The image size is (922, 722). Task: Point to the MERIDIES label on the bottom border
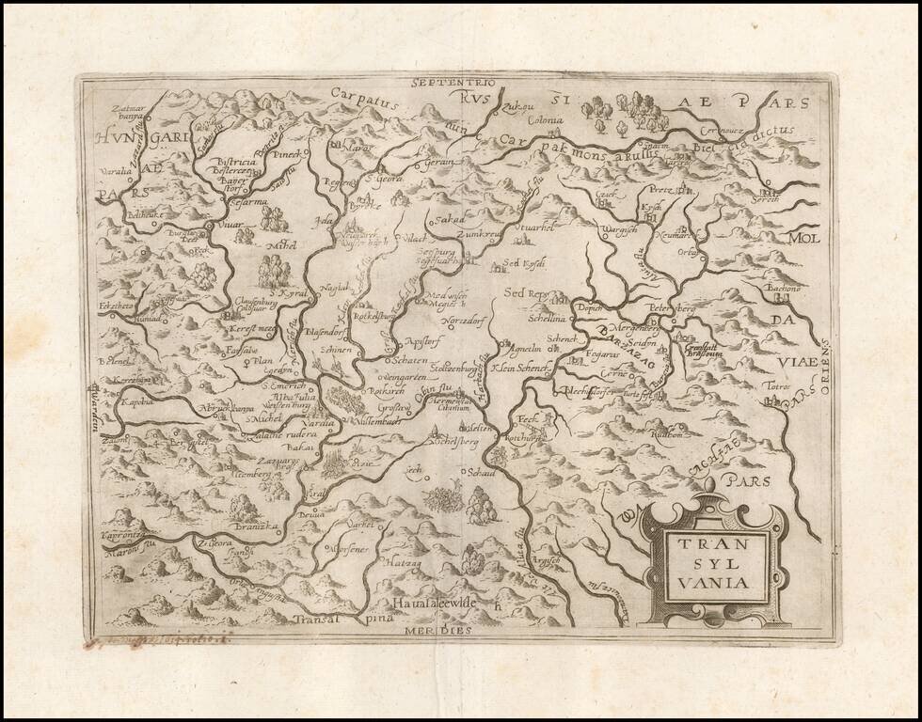click(x=437, y=631)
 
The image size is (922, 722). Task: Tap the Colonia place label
click(x=545, y=120)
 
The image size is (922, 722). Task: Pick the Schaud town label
click(x=482, y=472)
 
